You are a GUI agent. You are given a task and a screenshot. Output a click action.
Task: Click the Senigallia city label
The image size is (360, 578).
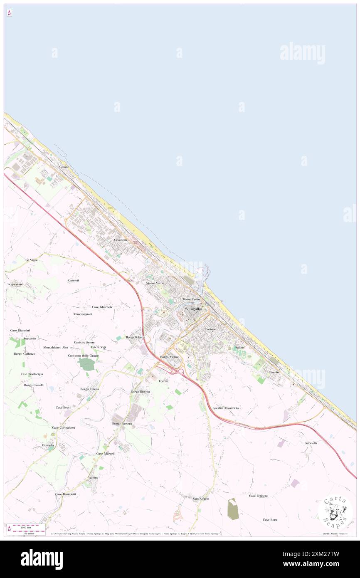pyautogui.click(x=193, y=309)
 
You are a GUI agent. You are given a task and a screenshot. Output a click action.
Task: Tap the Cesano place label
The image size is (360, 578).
pyautogui.click(x=64, y=167)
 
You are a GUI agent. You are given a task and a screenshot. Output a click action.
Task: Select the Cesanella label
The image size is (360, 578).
pyautogui.click(x=121, y=240)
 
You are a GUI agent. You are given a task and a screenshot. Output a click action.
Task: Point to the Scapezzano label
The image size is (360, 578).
pyautogui.click(x=16, y=284)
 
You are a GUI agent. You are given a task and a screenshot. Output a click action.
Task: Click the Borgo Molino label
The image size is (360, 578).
pyautogui.click(x=170, y=357)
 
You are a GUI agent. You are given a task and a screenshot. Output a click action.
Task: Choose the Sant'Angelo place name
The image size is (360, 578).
pyautogui.click(x=201, y=498)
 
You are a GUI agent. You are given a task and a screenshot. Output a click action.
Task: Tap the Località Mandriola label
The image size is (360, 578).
pyautogui.click(x=225, y=408)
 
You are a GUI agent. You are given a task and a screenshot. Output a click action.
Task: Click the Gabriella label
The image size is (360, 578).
pyautogui.click(x=311, y=443)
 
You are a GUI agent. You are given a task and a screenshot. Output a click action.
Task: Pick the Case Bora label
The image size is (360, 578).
pyautogui.click(x=270, y=519)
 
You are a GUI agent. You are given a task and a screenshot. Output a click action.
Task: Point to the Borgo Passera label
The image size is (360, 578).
pyautogui.click(x=122, y=423)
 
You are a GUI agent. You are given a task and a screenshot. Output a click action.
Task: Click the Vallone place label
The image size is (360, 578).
pyautogui.click(x=93, y=477)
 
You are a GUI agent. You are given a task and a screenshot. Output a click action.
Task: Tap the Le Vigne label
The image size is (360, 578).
pyautogui.click(x=32, y=260)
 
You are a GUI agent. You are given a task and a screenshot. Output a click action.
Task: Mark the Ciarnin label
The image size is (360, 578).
pyautogui.click(x=273, y=372)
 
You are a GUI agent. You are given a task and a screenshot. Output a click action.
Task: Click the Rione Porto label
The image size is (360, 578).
pyautogui.click(x=191, y=299)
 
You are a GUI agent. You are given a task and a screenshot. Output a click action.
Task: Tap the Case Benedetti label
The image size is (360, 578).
pyautogui.click(x=66, y=494)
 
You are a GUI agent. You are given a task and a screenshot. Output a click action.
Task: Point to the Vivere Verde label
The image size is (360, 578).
pyautogui.click(x=155, y=283)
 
